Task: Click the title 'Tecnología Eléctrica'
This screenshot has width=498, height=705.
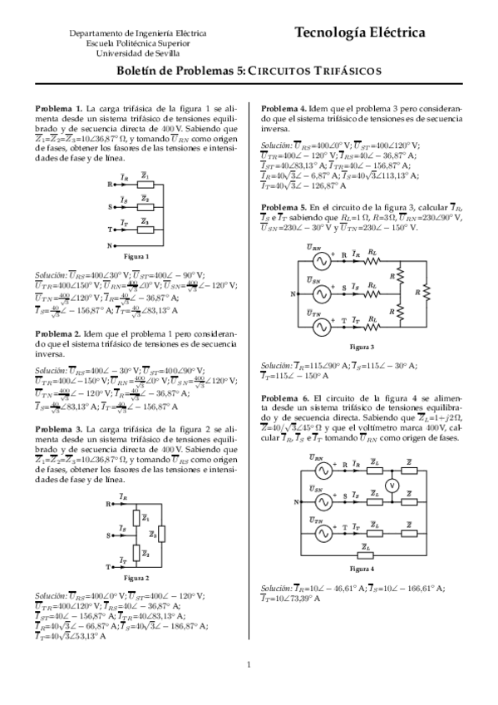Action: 359,33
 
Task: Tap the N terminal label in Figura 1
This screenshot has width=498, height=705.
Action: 110,246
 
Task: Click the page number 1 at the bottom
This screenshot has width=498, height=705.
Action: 249,663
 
